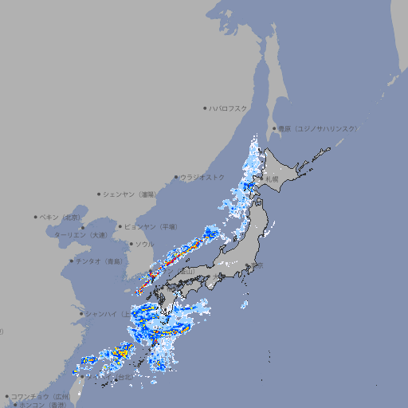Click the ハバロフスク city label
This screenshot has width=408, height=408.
(229, 108)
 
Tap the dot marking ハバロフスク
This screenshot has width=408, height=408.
(206, 108)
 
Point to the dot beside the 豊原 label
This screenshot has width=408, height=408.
(275, 128)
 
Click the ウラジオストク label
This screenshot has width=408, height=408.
(202, 177)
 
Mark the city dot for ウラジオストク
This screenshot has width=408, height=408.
(176, 177)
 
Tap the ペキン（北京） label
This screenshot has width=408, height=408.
(61, 217)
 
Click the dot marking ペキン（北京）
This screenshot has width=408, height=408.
(37, 217)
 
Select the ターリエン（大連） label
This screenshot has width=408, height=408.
(80, 235)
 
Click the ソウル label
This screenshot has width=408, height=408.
(144, 244)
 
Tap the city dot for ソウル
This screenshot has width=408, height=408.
(131, 244)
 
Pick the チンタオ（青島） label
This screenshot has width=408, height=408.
(100, 261)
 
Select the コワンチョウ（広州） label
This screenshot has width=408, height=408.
(41, 396)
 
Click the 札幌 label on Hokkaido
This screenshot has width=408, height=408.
(272, 179)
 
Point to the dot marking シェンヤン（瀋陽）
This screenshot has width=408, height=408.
(99, 194)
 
